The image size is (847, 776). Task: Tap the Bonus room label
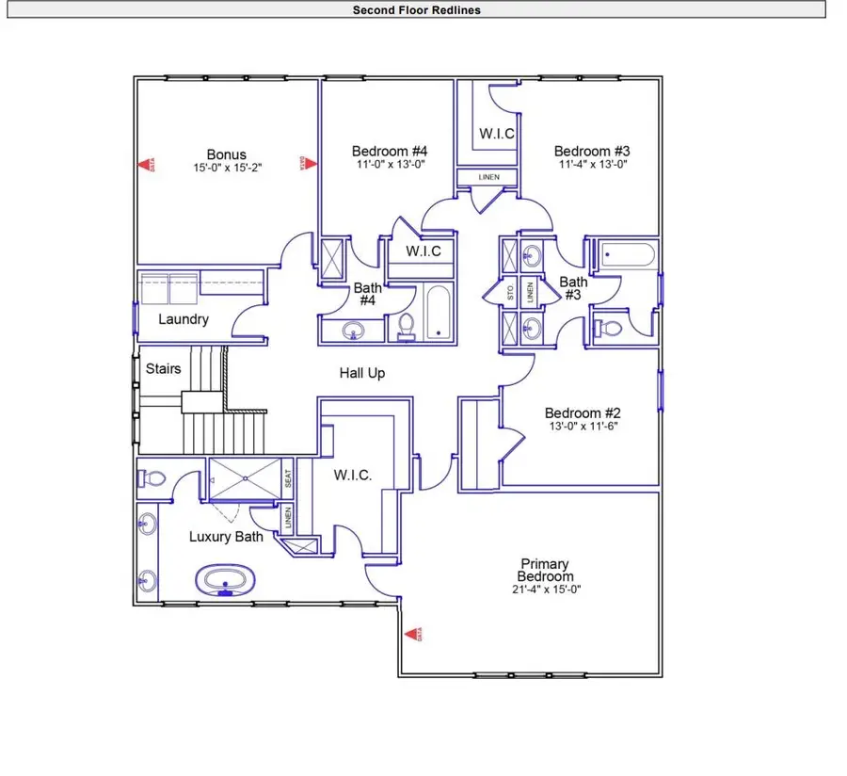(x=226, y=154)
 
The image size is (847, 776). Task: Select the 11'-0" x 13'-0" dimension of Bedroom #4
(x=390, y=164)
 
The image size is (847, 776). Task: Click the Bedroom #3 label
(x=591, y=151)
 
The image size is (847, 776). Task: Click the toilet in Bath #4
(x=407, y=325)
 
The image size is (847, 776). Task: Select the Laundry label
(x=183, y=319)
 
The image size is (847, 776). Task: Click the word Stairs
(x=163, y=368)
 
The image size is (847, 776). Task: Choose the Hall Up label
(x=362, y=373)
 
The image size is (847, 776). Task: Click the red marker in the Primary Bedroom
(x=410, y=636)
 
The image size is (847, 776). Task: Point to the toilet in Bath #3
(x=608, y=328)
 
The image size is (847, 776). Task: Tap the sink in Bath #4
(x=353, y=331)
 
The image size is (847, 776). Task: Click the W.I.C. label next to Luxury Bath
(x=353, y=476)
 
